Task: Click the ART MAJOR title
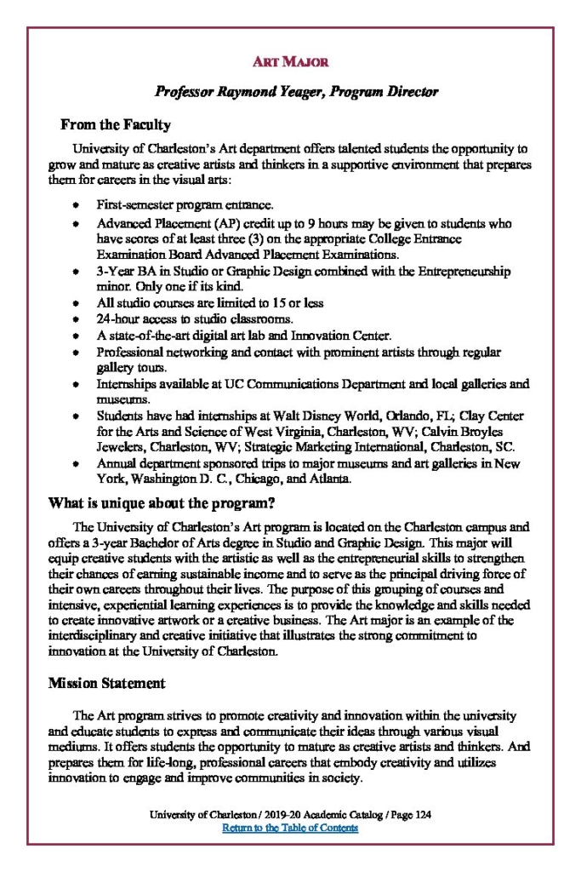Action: [x=290, y=62]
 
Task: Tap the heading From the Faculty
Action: [x=116, y=125]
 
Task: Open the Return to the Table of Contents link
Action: [x=290, y=828]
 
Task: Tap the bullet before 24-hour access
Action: [x=77, y=319]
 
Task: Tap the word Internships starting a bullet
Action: [x=124, y=384]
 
